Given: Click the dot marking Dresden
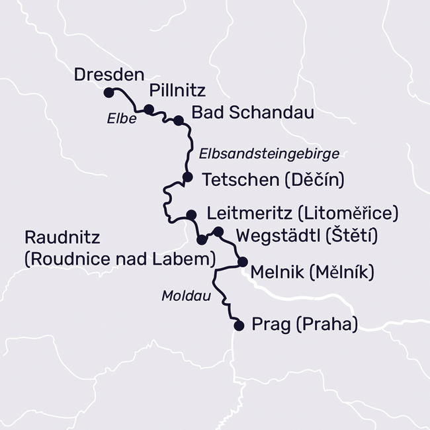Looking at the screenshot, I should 108,93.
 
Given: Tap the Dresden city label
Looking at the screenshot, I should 108,74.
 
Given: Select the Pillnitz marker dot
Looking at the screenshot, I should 149,109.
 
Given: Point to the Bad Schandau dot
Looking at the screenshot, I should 177,120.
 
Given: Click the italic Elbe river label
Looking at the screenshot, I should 121,120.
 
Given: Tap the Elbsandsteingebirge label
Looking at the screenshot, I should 269,153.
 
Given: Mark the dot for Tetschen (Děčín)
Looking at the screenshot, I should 187,177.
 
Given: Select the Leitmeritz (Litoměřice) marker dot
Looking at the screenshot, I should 191,214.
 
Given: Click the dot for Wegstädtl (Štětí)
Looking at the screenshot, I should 219,231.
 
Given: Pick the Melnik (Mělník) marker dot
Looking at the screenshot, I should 243,261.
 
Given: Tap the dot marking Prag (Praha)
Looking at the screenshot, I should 239,325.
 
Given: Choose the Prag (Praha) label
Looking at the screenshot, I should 305,325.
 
